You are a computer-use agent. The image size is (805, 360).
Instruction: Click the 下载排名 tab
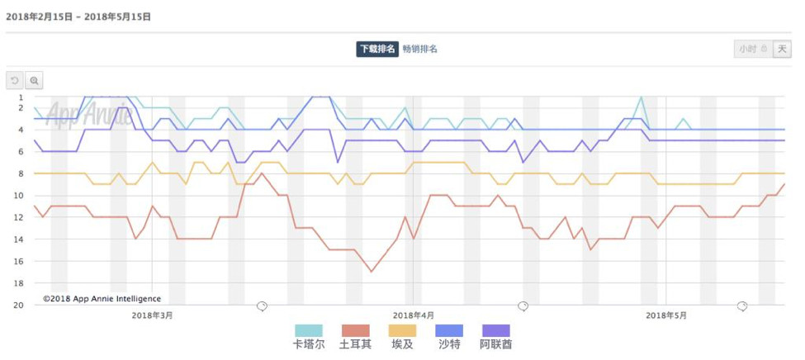pyautogui.click(x=376, y=49)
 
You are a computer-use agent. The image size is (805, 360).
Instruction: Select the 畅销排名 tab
pyautogui.click(x=419, y=49)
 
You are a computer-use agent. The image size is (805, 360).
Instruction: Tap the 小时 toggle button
pyautogui.click(x=752, y=49)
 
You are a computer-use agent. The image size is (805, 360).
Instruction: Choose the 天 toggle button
pyautogui.click(x=782, y=49)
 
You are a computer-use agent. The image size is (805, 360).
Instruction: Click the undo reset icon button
pyautogui.click(x=15, y=80)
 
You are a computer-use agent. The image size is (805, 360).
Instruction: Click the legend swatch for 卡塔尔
pyautogui.click(x=308, y=330)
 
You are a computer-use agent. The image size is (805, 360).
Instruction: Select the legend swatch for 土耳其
pyautogui.click(x=355, y=330)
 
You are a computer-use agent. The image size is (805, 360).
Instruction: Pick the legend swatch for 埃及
pyautogui.click(x=402, y=330)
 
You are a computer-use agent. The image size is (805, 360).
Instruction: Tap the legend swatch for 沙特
pyautogui.click(x=449, y=330)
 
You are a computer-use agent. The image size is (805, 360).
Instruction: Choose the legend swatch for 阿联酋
pyautogui.click(x=495, y=330)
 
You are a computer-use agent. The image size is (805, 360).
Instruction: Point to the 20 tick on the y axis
pyautogui.click(x=19, y=306)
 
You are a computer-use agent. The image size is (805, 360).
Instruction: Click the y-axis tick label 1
pyautogui.click(x=21, y=97)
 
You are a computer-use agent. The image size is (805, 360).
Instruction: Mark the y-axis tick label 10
pyautogui.click(x=19, y=196)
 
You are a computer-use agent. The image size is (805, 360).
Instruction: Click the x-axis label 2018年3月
pyautogui.click(x=153, y=315)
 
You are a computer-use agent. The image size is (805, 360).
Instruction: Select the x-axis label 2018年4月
pyautogui.click(x=414, y=315)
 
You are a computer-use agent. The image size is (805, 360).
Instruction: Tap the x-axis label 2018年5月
pyautogui.click(x=666, y=315)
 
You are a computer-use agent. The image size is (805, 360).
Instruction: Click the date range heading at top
pyautogui.click(x=78, y=16)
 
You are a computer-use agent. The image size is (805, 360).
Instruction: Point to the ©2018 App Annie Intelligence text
pyautogui.click(x=102, y=299)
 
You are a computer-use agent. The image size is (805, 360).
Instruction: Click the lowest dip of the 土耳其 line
pyautogui.click(x=372, y=272)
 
